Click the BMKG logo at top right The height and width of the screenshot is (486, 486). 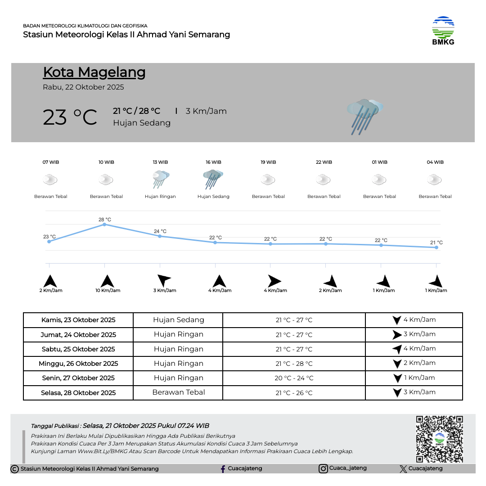coord(443,31)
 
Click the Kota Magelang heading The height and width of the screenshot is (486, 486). coord(94,72)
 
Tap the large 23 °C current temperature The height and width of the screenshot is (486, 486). coord(70,117)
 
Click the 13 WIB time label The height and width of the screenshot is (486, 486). coord(160,162)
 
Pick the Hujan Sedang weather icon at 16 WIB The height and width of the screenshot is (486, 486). coord(213,180)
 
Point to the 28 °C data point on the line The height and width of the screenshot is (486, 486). coord(104,224)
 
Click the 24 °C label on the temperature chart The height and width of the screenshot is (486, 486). coord(160,231)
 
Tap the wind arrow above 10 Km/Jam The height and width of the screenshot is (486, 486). coord(107,281)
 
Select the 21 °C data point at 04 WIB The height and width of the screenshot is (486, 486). coord(436,247)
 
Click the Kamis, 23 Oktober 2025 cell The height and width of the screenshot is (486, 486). coord(78,320)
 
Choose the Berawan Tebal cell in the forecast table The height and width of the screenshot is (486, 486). coord(179,392)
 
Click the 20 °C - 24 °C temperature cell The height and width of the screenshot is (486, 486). coord(294,378)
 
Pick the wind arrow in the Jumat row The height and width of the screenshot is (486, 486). coord(396,335)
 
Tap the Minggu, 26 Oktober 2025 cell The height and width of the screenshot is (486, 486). coord(78,364)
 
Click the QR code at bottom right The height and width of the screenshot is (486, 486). coord(439,439)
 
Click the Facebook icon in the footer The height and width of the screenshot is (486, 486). coord(223,469)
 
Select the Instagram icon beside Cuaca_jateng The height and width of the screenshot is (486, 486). coord(323,469)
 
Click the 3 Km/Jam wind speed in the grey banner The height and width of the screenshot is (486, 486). coord(206,111)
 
